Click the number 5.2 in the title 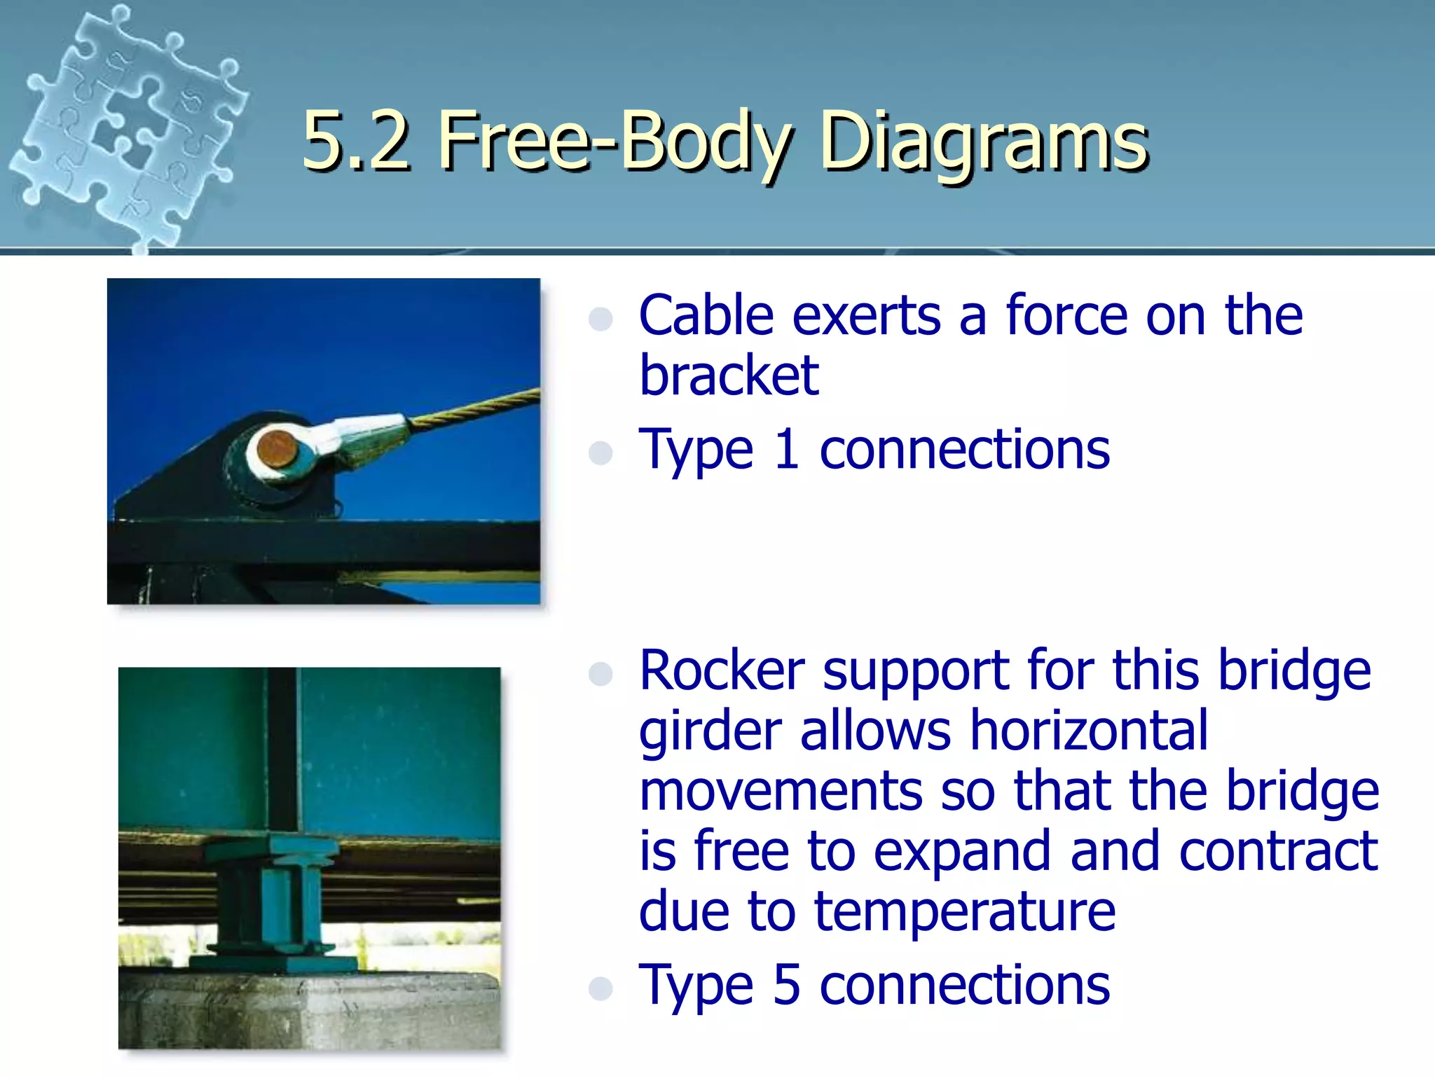[x=356, y=142]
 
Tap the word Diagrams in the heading [x=984, y=143]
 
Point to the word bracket [x=729, y=376]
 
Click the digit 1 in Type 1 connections [x=787, y=450]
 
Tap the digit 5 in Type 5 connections [x=786, y=985]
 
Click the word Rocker [x=722, y=670]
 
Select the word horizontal [x=1089, y=731]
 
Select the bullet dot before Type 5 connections [x=601, y=988]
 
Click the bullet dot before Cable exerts [x=601, y=319]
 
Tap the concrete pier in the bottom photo [x=308, y=1009]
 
